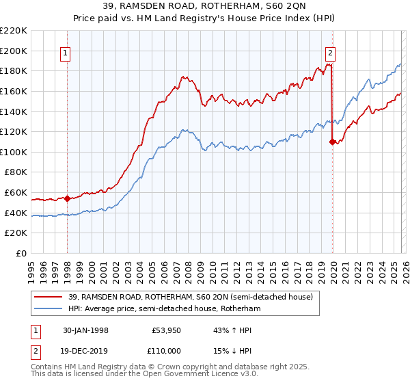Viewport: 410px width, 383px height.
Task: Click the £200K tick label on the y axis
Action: pos(14,51)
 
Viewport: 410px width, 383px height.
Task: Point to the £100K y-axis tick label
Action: pos(14,152)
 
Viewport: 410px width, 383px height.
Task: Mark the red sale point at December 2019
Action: pos(332,142)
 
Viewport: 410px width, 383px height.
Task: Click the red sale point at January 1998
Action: pos(68,199)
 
